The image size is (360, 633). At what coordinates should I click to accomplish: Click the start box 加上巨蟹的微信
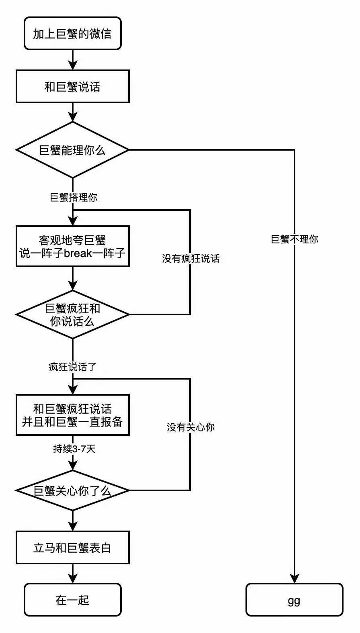pyautogui.click(x=73, y=34)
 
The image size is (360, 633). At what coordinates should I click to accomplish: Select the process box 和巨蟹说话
pyautogui.click(x=73, y=86)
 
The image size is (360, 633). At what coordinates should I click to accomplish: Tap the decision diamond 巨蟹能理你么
pyautogui.click(x=73, y=150)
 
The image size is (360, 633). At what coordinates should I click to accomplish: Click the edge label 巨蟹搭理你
pyautogui.click(x=74, y=197)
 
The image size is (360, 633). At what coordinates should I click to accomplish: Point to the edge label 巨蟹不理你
pyautogui.click(x=295, y=239)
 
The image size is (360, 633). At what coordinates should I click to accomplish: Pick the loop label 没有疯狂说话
pyautogui.click(x=191, y=258)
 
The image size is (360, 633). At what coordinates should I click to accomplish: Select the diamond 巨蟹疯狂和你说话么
pyautogui.click(x=73, y=314)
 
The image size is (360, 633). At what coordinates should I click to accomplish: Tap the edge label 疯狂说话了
pyautogui.click(x=73, y=367)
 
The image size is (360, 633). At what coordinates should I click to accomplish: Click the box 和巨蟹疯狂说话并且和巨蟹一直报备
pyautogui.click(x=73, y=415)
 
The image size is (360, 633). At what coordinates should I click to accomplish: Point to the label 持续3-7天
pyautogui.click(x=74, y=449)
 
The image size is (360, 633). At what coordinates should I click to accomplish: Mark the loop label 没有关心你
pyautogui.click(x=191, y=427)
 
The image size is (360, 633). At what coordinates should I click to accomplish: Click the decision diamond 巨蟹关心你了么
pyautogui.click(x=73, y=490)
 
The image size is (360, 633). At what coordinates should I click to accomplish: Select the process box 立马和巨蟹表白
pyautogui.click(x=73, y=547)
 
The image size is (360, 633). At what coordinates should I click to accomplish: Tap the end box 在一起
pyautogui.click(x=73, y=600)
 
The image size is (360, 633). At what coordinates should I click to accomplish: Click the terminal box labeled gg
pyautogui.click(x=295, y=600)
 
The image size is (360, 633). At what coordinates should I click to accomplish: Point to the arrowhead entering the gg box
pyautogui.click(x=295, y=579)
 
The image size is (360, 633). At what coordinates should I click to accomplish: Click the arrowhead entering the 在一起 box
pyautogui.click(x=73, y=579)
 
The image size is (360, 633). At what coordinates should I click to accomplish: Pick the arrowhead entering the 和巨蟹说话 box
pyautogui.click(x=73, y=65)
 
